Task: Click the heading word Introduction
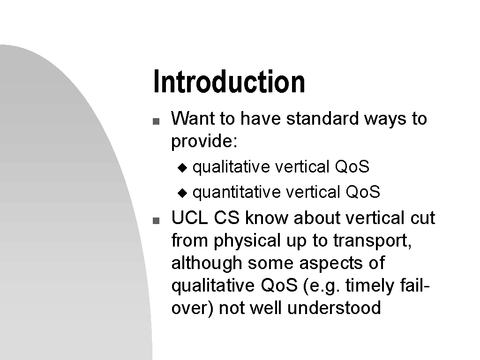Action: pos(229,82)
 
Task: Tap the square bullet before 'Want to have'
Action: pos(156,121)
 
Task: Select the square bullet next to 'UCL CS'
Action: pos(156,220)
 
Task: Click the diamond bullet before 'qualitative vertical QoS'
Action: pos(182,168)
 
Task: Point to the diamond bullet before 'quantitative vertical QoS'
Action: pos(182,193)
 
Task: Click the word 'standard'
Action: pos(322,118)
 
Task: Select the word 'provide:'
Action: pos(204,142)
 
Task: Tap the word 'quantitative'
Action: pos(236,193)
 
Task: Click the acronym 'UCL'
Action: pos(189,217)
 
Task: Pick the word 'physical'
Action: pos(247,240)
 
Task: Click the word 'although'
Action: pos(207,263)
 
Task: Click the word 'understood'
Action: pos(334,307)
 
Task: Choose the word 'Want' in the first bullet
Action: pos(193,118)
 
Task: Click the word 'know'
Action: pos(266,217)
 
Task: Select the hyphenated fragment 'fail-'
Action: pos(415,285)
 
